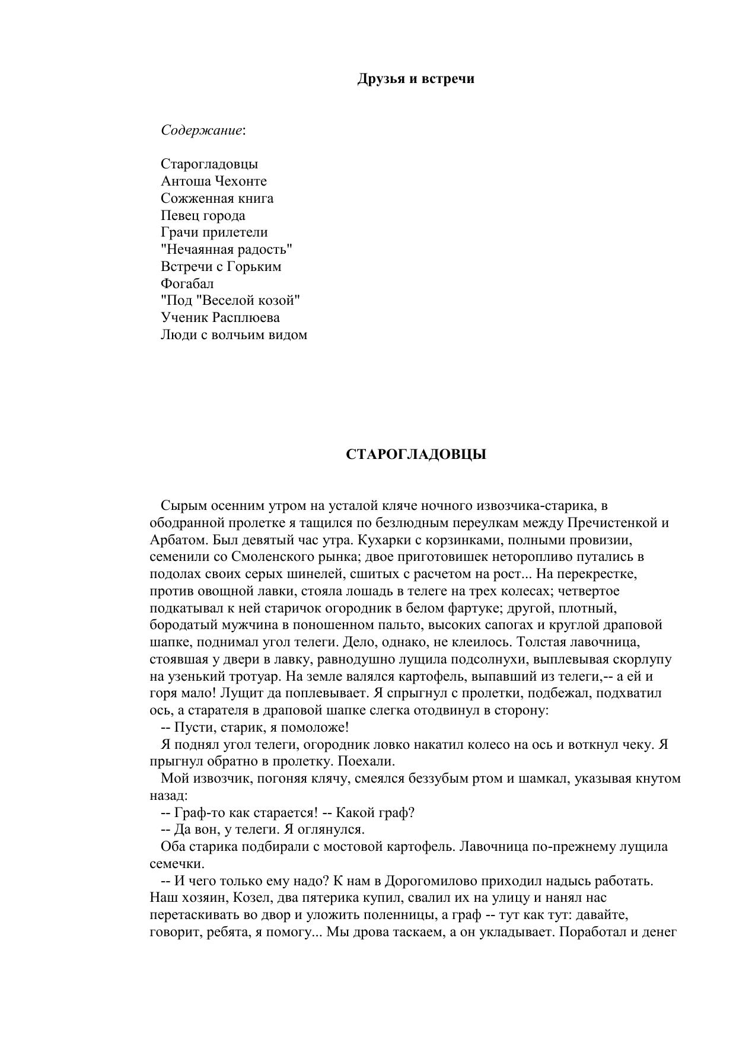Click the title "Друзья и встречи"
[416, 79]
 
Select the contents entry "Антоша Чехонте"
[214, 181]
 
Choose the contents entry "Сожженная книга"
[217, 198]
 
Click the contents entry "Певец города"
[203, 215]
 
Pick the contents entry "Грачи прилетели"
[214, 232]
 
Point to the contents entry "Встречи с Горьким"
[221, 266]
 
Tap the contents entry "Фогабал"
[187, 283]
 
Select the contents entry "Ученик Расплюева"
[220, 317]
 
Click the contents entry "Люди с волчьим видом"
[234, 334]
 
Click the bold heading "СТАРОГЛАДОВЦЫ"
[416, 455]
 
